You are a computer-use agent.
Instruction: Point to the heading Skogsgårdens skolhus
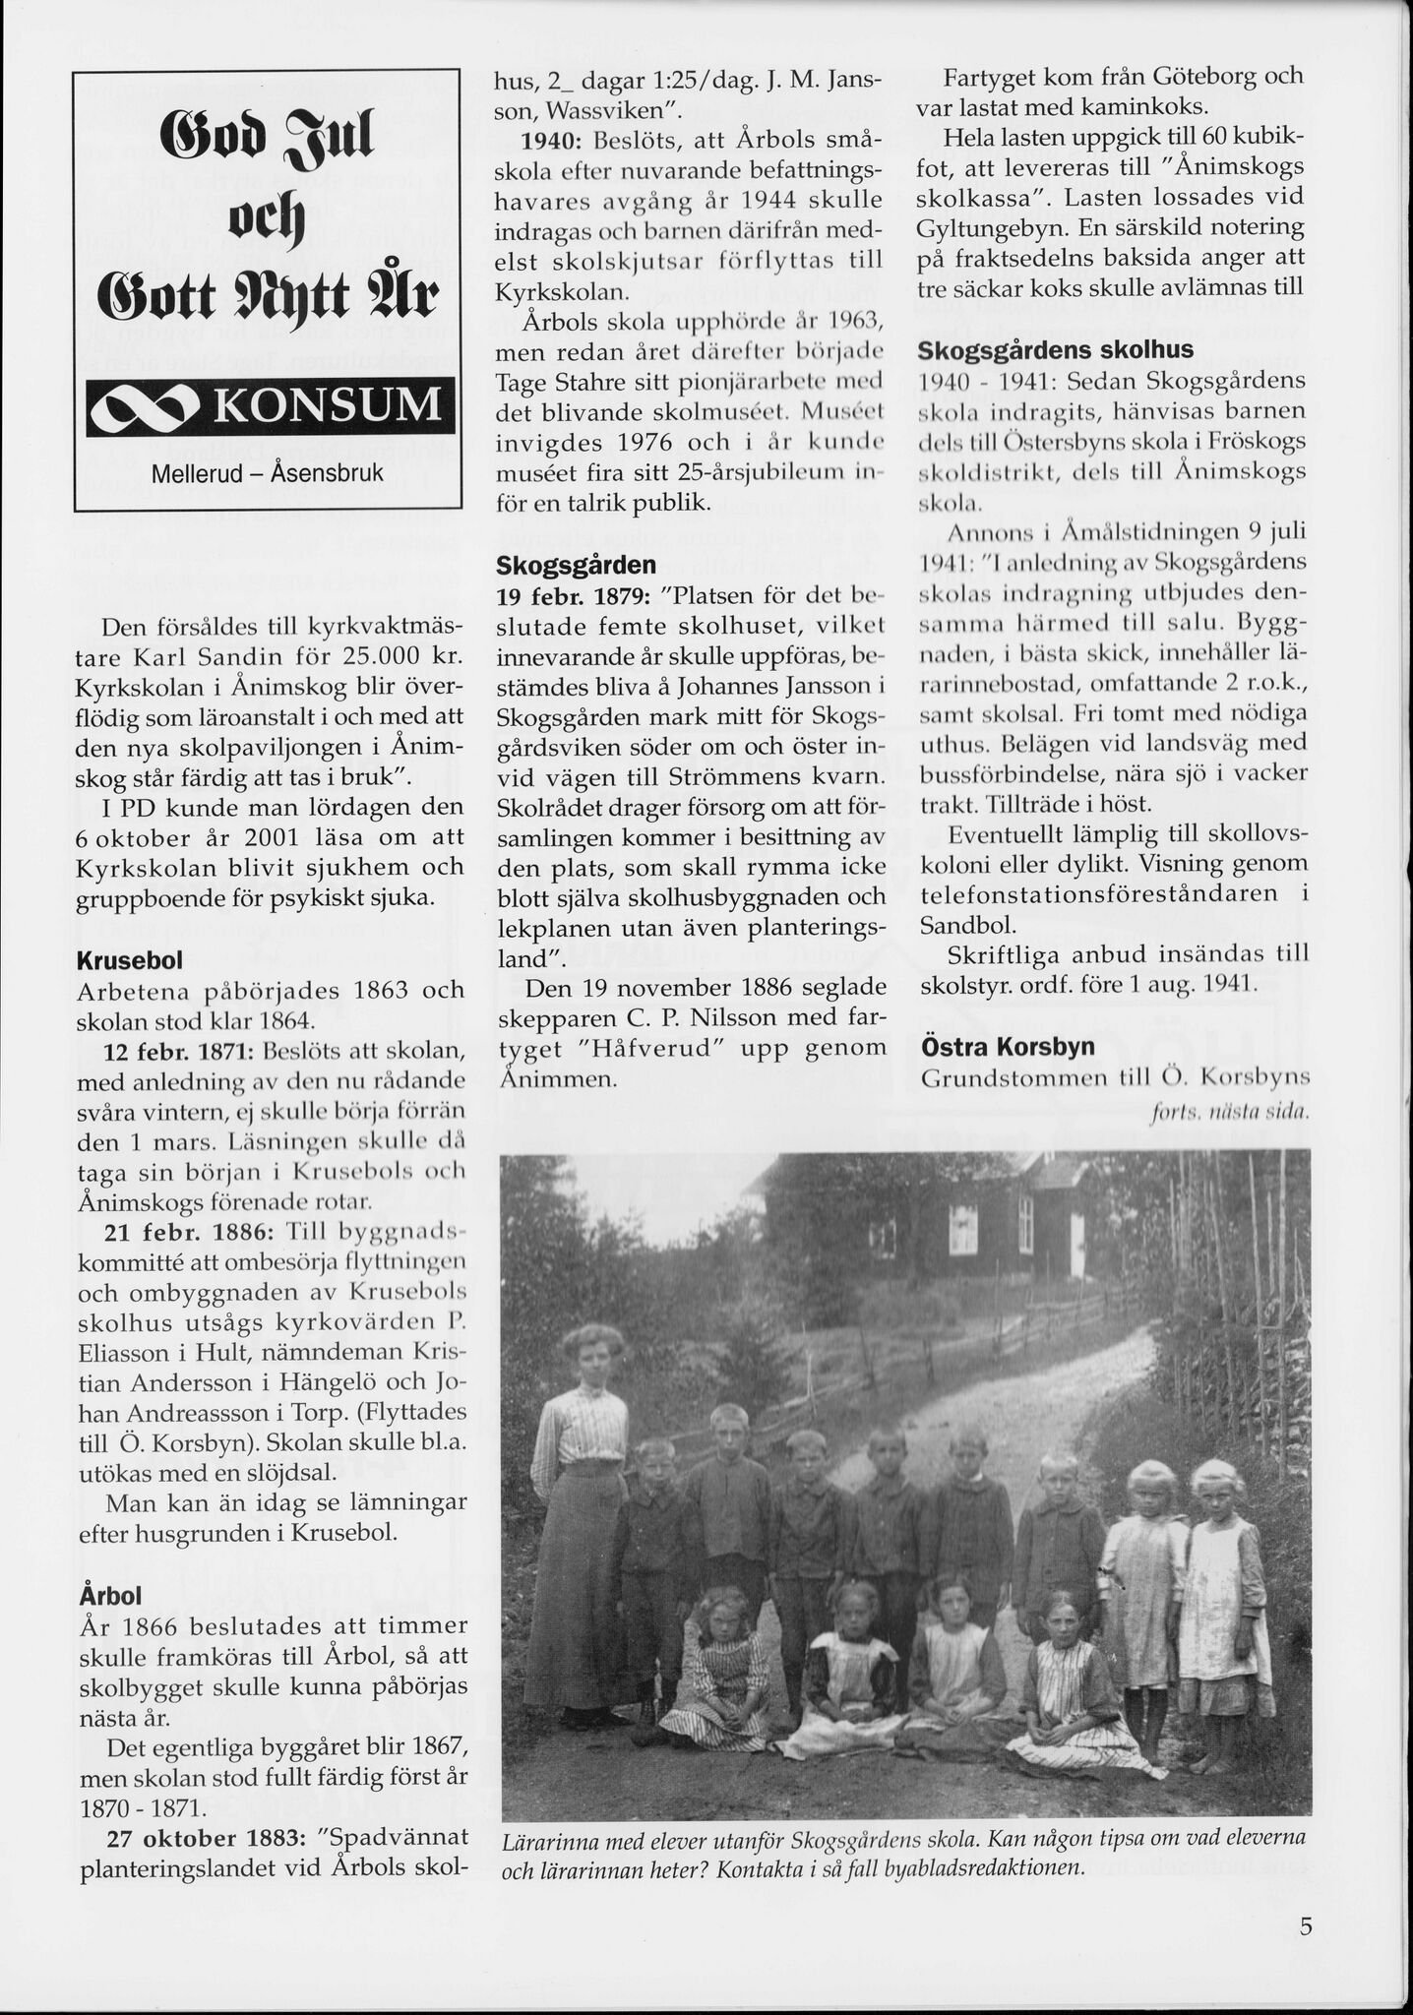(x=1056, y=350)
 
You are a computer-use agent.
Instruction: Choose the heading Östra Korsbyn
(x=1007, y=1046)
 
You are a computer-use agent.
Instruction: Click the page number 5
(x=1305, y=1925)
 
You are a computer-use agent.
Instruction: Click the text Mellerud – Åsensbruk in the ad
(x=268, y=472)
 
